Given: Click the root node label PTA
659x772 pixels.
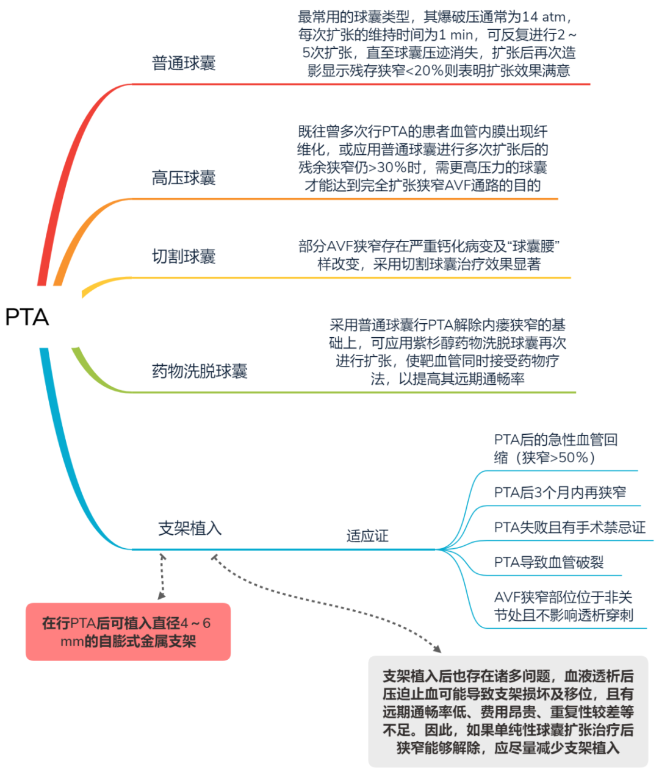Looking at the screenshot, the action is pos(27,316).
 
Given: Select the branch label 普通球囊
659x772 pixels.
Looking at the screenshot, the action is pos(184,63).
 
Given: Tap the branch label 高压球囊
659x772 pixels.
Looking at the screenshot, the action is pos(184,177).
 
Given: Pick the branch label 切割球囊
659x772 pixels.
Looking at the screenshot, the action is pos(184,256).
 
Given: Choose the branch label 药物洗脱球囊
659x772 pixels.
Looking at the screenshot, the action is pos(200,371).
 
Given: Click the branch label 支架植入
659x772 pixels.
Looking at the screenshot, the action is pos(190,528).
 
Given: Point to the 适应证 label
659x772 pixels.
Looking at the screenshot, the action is pos(367,535).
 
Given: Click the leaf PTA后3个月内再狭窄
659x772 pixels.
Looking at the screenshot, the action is pos(560,492).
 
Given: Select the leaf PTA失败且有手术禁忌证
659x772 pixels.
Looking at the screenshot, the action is pos(570,527).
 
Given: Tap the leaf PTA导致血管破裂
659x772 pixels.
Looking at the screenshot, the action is pos(549,562).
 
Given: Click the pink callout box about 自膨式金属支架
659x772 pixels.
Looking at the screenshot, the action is pos(128,632).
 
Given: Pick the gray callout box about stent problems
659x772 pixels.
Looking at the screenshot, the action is pos(508,712).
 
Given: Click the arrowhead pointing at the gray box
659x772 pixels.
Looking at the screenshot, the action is pos(438,648).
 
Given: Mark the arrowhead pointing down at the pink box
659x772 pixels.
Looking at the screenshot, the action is pos(162,595).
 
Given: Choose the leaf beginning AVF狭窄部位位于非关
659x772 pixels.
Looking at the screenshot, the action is pos(564,606).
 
